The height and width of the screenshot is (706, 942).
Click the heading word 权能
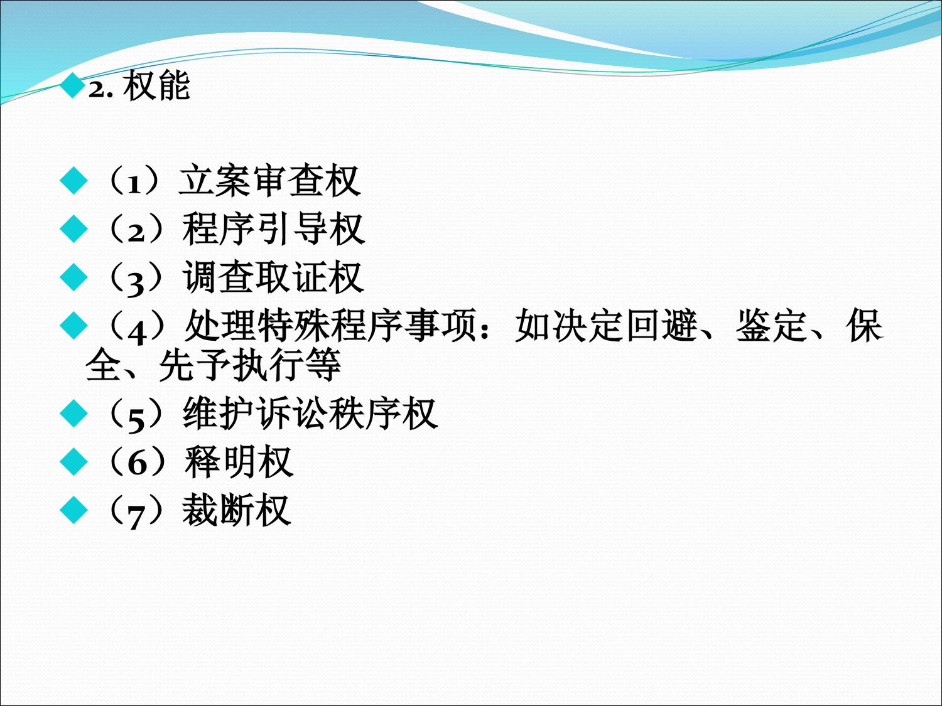(x=156, y=86)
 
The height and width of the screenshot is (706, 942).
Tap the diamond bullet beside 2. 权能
(x=72, y=85)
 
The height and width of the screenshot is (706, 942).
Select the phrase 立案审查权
(x=269, y=181)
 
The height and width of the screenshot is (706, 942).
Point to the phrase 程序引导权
(x=273, y=229)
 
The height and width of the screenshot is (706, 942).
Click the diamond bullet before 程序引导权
(x=74, y=228)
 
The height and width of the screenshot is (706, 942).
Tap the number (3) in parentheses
(x=136, y=279)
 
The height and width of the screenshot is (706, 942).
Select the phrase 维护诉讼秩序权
(x=310, y=414)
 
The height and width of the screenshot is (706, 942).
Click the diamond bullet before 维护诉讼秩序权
(x=74, y=413)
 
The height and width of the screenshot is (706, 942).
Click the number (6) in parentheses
(x=136, y=463)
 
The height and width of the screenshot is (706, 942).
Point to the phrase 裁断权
(x=237, y=510)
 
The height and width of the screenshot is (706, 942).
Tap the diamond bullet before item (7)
(x=74, y=510)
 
